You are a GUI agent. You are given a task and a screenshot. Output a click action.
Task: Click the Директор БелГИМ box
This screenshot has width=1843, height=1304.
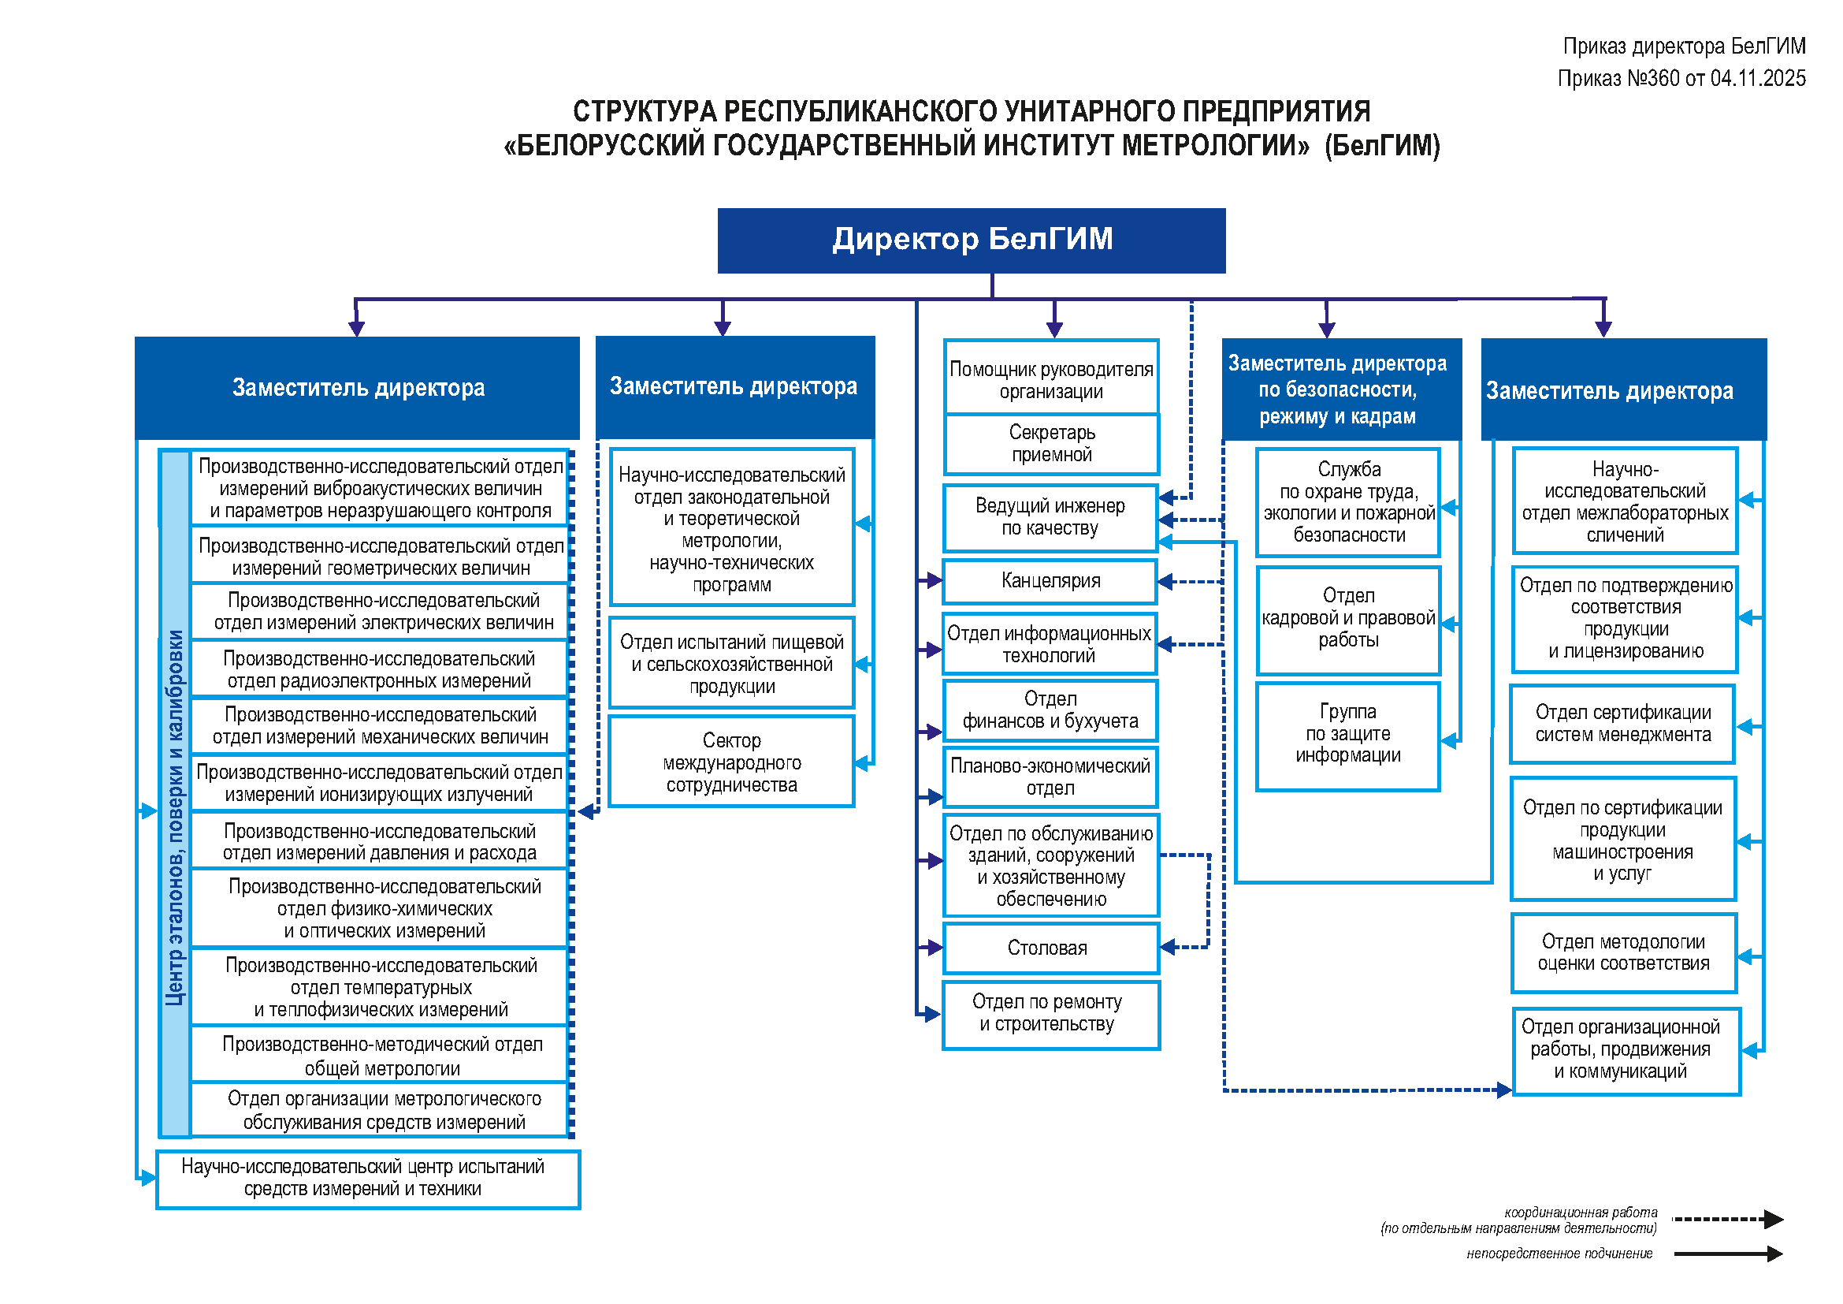click(x=972, y=240)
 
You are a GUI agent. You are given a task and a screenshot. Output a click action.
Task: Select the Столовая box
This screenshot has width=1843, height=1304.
click(x=1050, y=948)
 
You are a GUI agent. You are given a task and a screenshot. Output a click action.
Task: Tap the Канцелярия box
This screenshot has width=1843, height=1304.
click(x=1050, y=581)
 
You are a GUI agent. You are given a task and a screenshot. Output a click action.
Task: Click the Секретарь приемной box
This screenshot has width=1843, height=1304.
click(x=1052, y=444)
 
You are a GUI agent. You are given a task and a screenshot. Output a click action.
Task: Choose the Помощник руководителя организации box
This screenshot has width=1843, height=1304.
click(x=1052, y=380)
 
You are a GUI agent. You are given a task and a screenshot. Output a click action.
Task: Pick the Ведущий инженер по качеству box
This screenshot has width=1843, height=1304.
click(x=1050, y=518)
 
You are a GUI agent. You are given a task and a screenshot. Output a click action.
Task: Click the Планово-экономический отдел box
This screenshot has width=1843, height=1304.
click(x=1050, y=777)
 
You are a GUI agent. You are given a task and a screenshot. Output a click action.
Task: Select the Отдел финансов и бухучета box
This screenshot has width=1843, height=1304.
click(x=1050, y=710)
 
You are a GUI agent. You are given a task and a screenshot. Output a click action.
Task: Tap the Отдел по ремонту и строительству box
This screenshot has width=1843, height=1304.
click(x=1050, y=1014)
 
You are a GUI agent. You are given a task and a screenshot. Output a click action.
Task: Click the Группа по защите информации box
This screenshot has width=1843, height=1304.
click(x=1347, y=735)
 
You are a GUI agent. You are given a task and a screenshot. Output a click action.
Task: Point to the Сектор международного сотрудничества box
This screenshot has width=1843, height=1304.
click(x=731, y=763)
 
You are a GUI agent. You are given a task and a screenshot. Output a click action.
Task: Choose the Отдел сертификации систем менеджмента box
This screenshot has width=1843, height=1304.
click(x=1622, y=725)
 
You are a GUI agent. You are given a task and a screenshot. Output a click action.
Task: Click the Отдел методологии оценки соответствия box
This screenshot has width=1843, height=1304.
click(x=1623, y=953)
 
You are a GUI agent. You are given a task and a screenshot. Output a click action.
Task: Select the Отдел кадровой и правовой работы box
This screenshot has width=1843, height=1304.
click(x=1347, y=619)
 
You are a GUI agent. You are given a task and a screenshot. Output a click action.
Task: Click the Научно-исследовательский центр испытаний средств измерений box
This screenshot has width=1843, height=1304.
click(x=367, y=1179)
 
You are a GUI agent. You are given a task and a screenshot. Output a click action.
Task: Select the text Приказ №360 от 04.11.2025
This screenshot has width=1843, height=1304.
click(x=1681, y=79)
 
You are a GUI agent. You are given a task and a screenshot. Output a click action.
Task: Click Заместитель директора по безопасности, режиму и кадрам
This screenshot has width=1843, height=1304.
click(x=1337, y=390)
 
